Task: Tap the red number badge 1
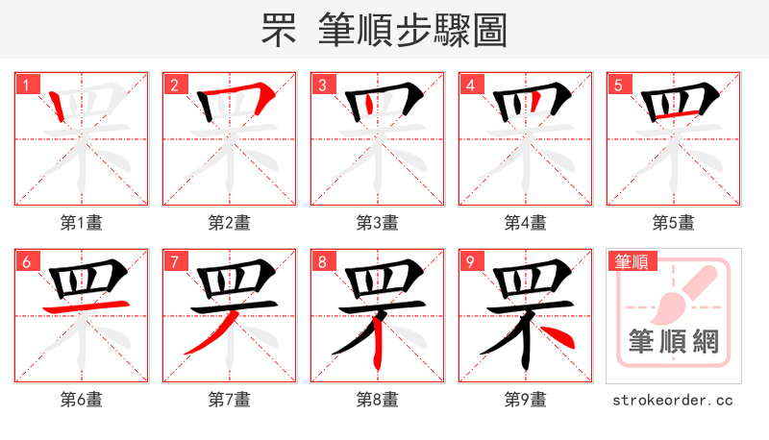tap(26, 85)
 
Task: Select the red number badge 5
tap(618, 85)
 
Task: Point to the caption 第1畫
tap(82, 223)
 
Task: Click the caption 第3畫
tap(378, 223)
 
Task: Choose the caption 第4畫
tap(526, 223)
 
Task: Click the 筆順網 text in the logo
tap(674, 341)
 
